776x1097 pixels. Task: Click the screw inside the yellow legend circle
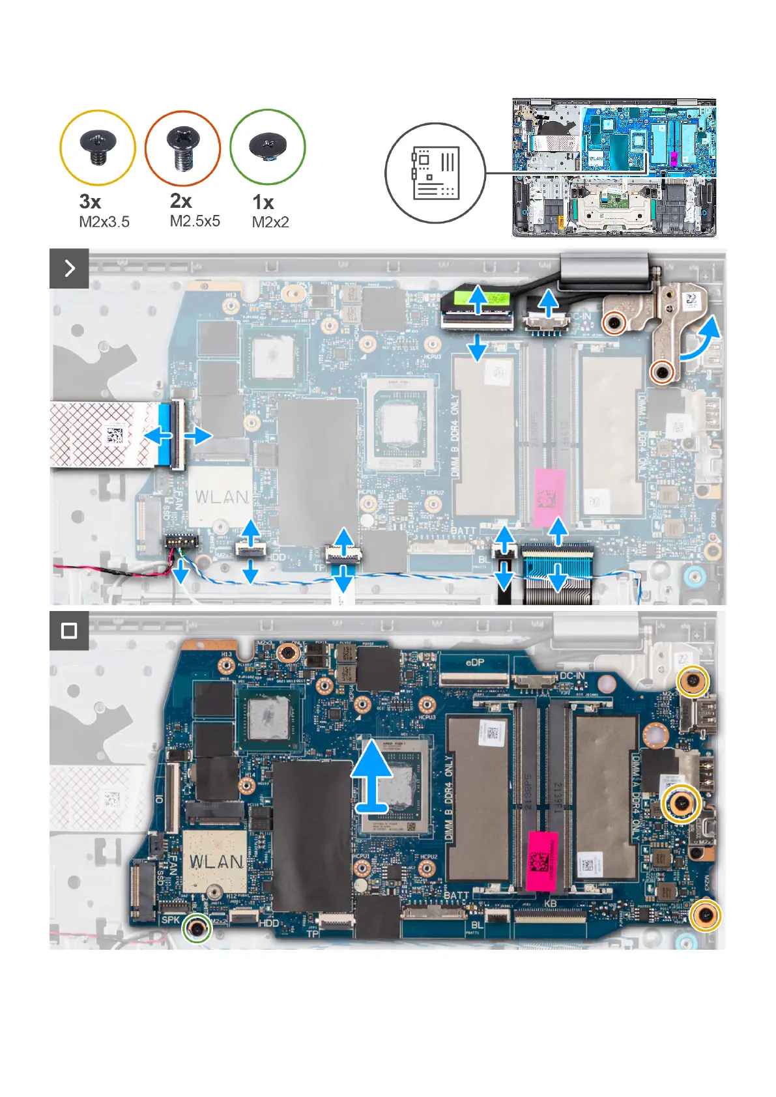98,147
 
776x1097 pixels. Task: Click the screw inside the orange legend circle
182,147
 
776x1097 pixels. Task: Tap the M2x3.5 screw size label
104,222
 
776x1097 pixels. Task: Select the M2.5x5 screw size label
195,221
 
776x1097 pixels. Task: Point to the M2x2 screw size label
270,222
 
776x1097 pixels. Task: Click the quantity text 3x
90,202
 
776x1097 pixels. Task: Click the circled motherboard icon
435,173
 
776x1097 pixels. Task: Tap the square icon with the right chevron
69,268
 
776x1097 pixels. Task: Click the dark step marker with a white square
69,631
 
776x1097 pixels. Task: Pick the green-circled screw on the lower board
197,928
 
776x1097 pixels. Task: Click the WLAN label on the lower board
216,862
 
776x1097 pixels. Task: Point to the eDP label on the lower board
475,662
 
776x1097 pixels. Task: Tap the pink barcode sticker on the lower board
542,861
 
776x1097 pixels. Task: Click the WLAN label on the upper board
222,497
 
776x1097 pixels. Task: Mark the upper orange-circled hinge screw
614,321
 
